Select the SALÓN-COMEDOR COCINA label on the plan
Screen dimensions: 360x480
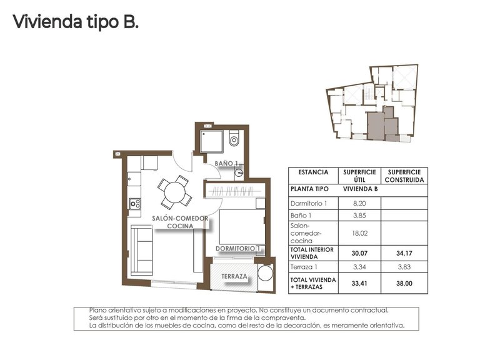coord(180,222)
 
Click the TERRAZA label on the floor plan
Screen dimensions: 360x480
coord(233,276)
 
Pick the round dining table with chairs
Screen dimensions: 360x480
coord(174,191)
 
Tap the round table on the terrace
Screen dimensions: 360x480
coord(265,276)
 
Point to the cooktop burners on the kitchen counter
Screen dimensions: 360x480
coord(134,203)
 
